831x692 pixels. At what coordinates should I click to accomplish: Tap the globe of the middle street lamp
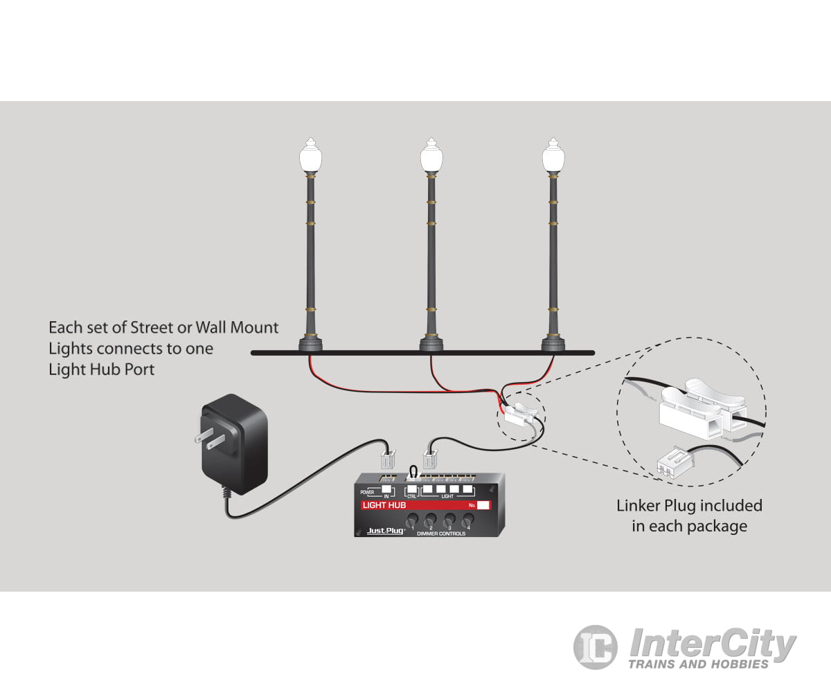tap(431, 158)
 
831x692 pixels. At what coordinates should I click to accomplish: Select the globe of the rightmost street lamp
tap(552, 158)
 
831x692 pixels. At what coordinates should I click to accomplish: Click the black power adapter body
tap(235, 443)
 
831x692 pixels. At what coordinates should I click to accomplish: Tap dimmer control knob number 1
tap(411, 519)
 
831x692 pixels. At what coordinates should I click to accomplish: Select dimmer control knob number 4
tap(468, 519)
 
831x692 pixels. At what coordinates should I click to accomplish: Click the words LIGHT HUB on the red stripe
tap(384, 505)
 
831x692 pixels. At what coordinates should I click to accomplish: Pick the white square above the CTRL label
tap(413, 489)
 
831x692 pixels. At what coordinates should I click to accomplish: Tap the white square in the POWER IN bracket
tap(384, 490)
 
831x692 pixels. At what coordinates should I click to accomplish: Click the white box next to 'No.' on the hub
tap(483, 505)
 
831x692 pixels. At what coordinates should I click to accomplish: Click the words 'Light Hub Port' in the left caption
tap(101, 369)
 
